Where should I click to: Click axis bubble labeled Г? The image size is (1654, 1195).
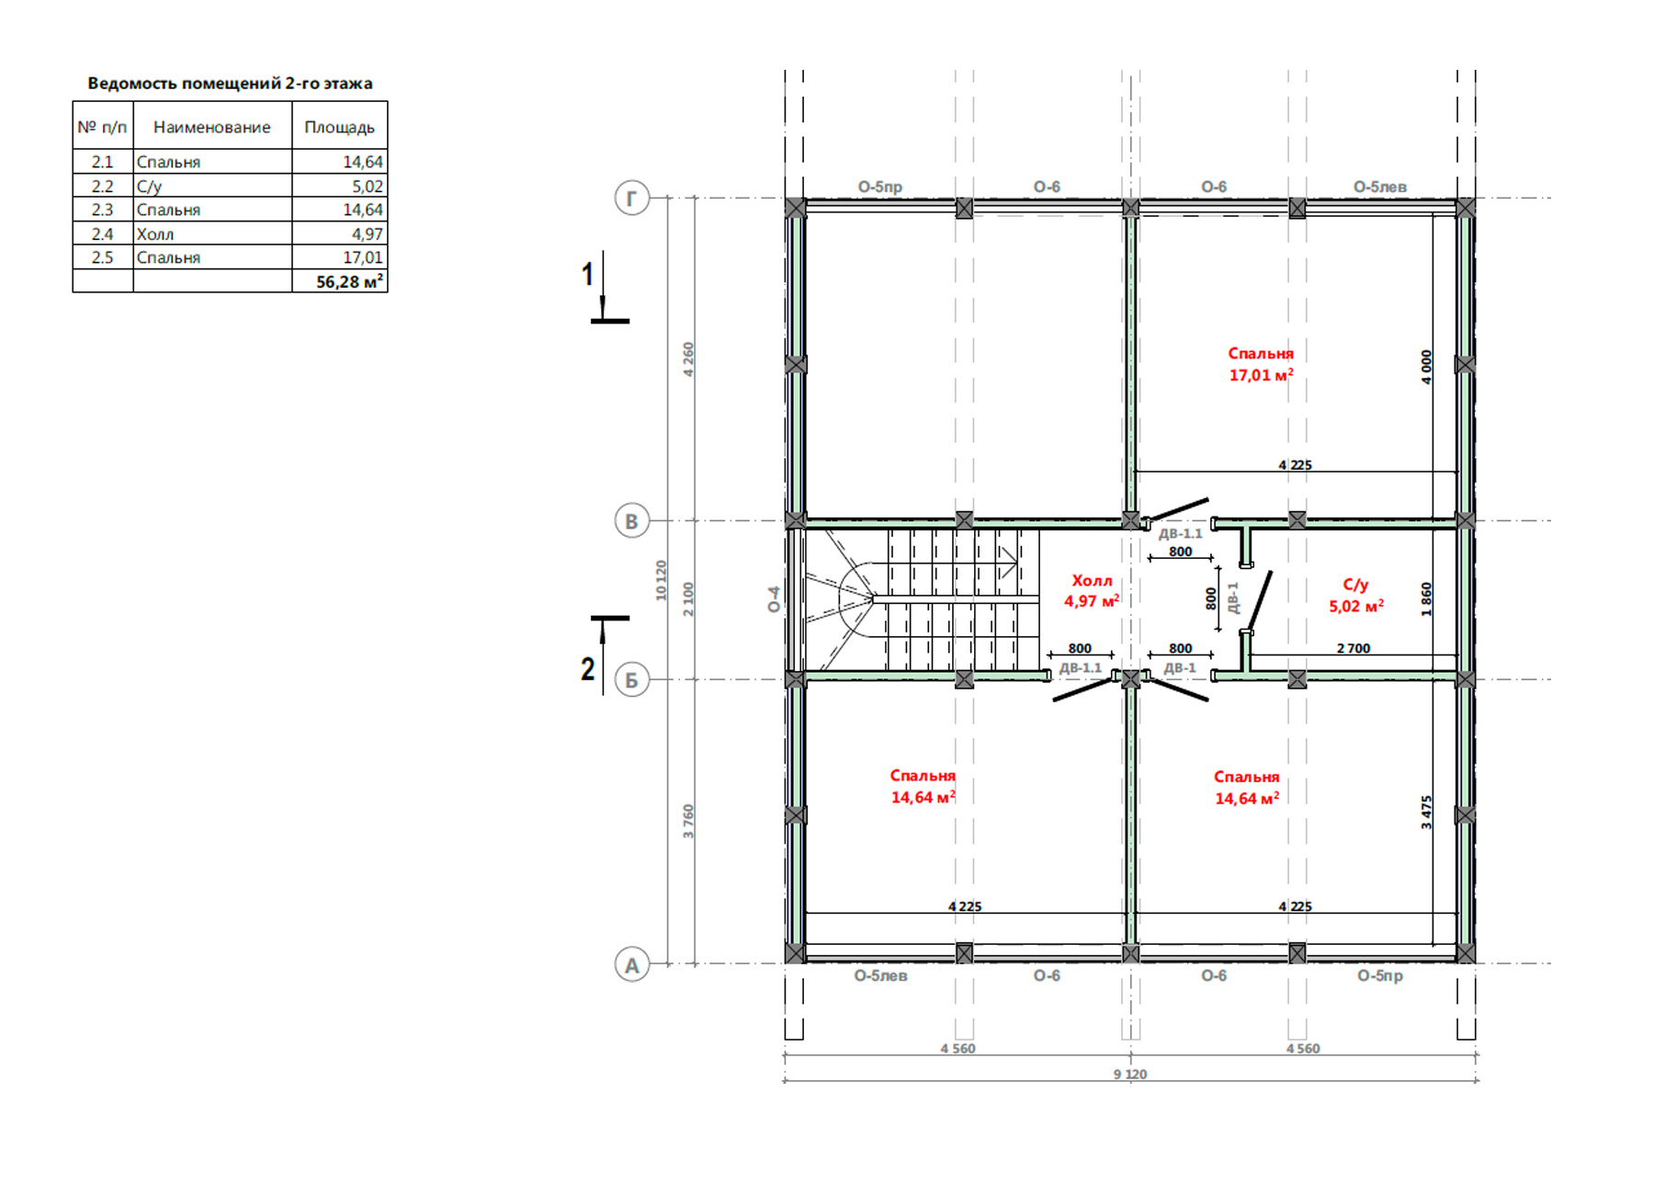631,198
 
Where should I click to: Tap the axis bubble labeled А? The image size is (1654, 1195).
631,965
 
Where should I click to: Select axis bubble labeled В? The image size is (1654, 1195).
631,521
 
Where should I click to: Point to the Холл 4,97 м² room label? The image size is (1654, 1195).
1092,591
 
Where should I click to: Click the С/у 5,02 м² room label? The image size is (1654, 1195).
1356,596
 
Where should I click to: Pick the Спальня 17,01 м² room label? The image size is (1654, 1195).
1261,364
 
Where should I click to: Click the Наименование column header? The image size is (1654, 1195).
212,127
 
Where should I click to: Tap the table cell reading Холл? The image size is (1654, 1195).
155,234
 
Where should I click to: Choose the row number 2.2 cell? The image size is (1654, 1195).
102,186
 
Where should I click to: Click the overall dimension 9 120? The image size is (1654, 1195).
1130,1074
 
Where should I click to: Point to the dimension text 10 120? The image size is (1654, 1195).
662,581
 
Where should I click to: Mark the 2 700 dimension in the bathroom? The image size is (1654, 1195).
1354,648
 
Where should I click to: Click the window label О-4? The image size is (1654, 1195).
774,599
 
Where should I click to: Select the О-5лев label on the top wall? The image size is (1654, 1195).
1380,187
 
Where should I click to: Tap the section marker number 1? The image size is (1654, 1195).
588,274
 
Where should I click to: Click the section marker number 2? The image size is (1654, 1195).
588,669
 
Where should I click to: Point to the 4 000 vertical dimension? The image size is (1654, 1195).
1426,367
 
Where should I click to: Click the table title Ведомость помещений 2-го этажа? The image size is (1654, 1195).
230,83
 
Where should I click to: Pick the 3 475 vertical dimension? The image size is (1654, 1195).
1426,813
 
